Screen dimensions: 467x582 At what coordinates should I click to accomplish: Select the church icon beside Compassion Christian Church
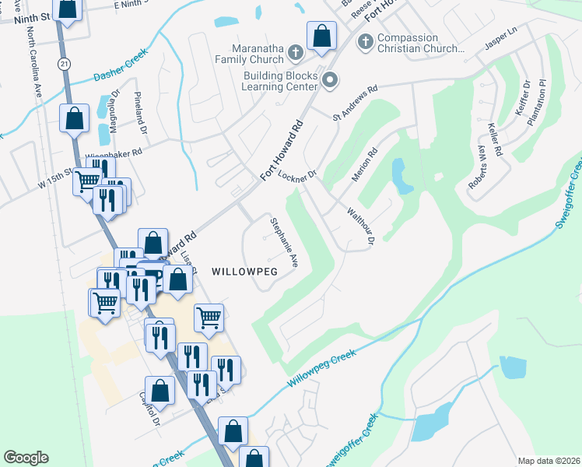(365, 41)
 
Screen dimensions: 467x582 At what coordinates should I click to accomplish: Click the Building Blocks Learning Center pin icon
(331, 79)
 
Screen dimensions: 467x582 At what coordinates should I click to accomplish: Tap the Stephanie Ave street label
(284, 243)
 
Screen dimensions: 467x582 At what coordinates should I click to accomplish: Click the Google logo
(26, 458)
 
